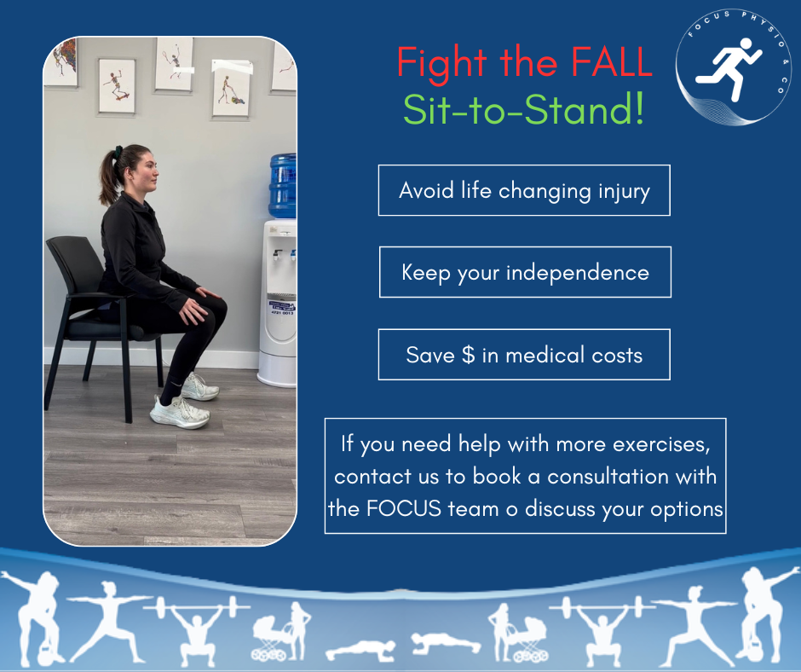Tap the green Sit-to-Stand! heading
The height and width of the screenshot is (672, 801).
tap(523, 111)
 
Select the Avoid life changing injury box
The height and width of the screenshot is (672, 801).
tap(524, 190)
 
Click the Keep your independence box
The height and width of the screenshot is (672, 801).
tap(525, 272)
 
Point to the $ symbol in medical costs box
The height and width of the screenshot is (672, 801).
tap(468, 355)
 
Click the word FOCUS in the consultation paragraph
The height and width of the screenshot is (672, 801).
tap(404, 508)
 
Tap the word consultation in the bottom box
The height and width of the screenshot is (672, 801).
tap(602, 476)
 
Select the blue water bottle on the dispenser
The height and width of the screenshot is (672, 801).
tap(282, 184)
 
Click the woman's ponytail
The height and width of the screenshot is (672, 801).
tap(108, 176)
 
